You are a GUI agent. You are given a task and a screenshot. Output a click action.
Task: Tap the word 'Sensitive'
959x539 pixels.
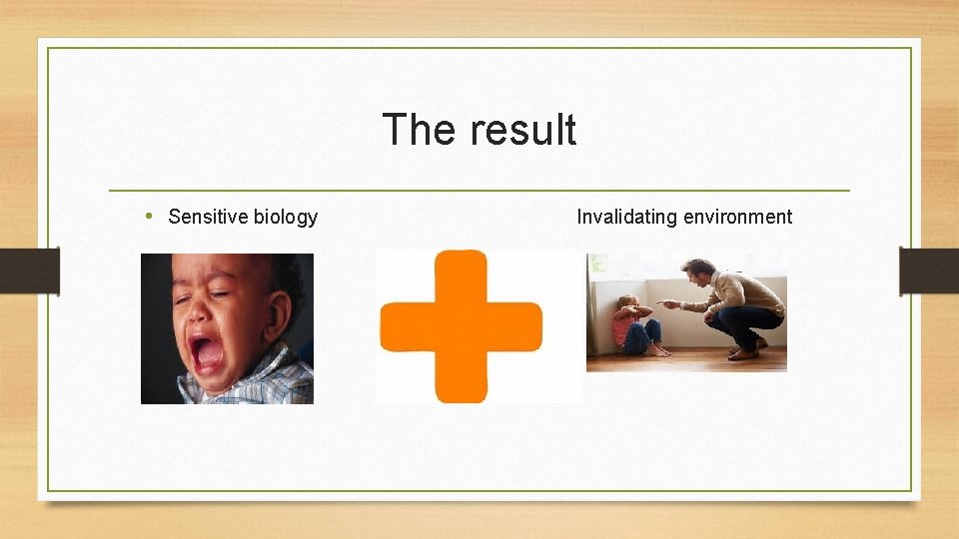click(x=207, y=217)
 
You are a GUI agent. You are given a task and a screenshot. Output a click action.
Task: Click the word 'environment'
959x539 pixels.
click(x=741, y=217)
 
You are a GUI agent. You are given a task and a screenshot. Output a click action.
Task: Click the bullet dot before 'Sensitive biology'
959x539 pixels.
click(x=149, y=216)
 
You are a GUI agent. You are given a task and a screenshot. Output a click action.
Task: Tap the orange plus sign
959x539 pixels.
click(x=462, y=326)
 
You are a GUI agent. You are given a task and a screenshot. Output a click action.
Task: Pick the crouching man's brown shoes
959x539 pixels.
click(x=743, y=352)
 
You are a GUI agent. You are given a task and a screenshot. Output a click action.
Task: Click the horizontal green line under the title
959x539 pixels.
click(x=479, y=190)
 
